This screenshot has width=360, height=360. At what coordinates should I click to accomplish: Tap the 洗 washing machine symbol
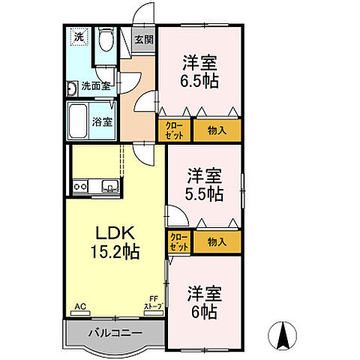79,36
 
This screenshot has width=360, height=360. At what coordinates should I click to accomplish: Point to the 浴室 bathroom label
103,120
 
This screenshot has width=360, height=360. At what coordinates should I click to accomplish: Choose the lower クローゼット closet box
179,242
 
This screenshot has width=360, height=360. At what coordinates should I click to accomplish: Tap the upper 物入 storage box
217,130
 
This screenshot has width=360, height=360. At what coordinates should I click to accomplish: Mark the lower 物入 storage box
217,242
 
